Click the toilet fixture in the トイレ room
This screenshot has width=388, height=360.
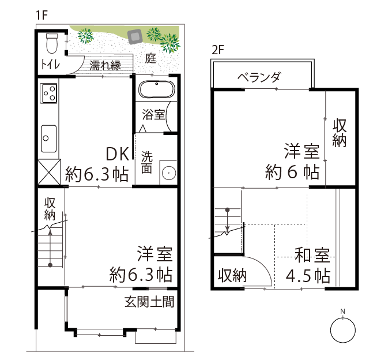click(52, 43)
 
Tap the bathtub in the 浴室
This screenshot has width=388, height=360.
click(157, 89)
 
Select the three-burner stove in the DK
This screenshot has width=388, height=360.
click(48, 93)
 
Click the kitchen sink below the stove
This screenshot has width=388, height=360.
click(49, 138)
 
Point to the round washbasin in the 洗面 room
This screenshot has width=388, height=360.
click(169, 172)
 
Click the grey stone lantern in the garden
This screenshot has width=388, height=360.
click(135, 37)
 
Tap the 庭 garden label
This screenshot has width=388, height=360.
click(150, 58)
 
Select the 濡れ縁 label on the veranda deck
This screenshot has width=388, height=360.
click(105, 65)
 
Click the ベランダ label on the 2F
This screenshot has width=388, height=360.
click(259, 77)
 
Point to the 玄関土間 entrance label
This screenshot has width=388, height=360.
click(149, 302)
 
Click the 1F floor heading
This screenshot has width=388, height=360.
click(42, 15)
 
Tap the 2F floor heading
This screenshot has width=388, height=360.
click(218, 50)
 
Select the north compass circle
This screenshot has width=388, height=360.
click(342, 331)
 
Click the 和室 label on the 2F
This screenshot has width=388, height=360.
click(312, 255)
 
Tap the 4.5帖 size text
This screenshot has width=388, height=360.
click(308, 275)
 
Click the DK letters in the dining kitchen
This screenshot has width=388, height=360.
click(118, 154)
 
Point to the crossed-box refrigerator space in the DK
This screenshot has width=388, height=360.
click(49, 172)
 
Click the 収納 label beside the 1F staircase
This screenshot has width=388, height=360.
click(50, 209)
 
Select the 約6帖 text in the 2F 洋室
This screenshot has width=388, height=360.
click(292, 172)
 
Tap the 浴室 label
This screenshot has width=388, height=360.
click(153, 115)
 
